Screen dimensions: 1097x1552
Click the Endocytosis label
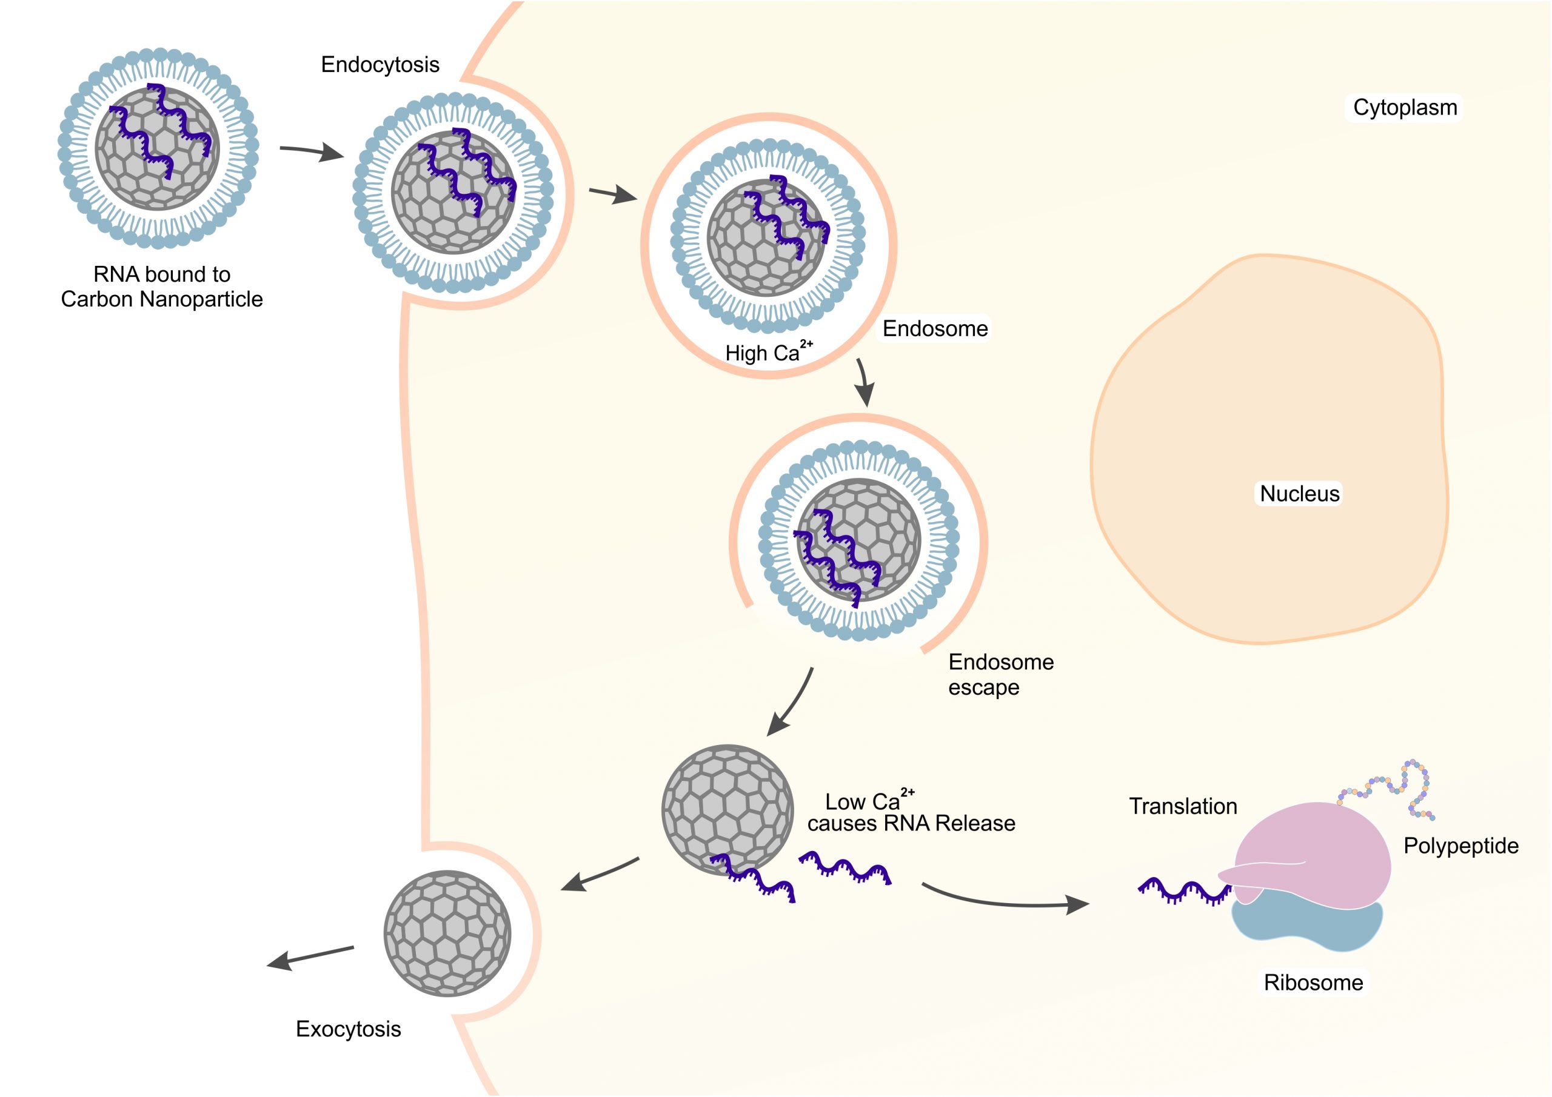coord(380,65)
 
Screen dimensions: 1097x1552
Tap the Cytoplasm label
coord(1405,107)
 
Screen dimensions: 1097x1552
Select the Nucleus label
coord(1299,494)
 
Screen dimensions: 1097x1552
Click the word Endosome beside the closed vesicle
coord(935,329)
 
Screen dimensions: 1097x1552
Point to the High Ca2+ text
coord(768,352)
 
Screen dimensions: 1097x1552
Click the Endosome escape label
coord(1000,674)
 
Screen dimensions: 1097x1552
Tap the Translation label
coord(1183,806)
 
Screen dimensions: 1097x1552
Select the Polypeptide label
coord(1460,846)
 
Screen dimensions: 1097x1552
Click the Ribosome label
coord(1313,982)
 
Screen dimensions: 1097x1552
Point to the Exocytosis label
coord(348,1029)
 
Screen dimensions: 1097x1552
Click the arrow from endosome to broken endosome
coord(863,383)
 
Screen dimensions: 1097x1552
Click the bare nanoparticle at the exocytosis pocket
coord(447,933)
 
